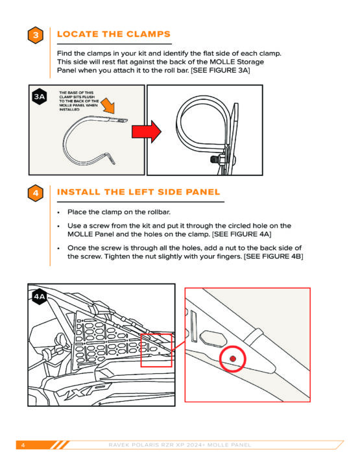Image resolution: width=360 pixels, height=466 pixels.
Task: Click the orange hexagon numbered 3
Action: (x=35, y=35)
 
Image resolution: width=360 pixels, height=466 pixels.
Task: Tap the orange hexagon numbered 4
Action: (x=35, y=193)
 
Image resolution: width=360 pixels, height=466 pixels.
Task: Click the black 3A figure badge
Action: (x=40, y=97)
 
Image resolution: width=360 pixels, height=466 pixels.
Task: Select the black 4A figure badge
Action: (x=40, y=297)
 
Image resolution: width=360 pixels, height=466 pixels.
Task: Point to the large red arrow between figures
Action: (x=147, y=131)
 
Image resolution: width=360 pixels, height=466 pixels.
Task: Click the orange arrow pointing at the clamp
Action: (x=108, y=106)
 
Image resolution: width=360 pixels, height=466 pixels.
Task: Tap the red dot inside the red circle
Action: (x=233, y=359)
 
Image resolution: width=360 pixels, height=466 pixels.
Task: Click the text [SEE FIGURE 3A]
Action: (x=220, y=71)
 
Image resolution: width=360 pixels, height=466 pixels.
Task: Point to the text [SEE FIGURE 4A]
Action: (x=241, y=234)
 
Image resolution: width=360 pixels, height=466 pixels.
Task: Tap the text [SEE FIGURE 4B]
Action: (x=273, y=256)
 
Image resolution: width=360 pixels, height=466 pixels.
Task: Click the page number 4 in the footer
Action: (x=23, y=445)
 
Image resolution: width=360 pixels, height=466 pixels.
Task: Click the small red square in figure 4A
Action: (x=156, y=350)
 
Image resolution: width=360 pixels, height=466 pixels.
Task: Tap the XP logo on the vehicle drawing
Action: (x=84, y=391)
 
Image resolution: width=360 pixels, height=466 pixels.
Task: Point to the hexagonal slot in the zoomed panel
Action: (x=213, y=339)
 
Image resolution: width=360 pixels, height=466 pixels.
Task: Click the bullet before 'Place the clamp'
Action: (x=58, y=212)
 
